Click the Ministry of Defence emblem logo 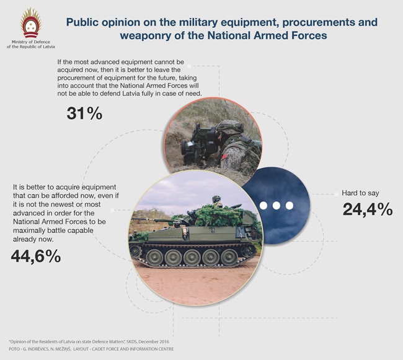31,22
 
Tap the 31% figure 84,113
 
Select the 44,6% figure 36,257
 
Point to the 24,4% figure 368,209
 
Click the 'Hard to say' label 360,193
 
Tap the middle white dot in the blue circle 277,206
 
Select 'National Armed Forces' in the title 267,35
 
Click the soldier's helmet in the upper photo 230,128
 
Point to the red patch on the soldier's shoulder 224,157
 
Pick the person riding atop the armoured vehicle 217,201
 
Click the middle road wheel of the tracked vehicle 192,258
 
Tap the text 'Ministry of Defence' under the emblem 31,42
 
